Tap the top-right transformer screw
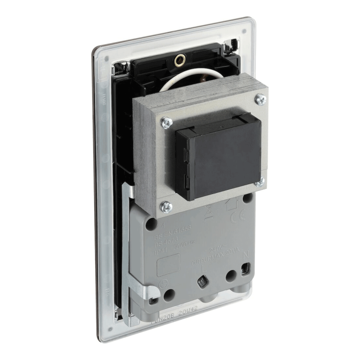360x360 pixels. [x=261, y=99]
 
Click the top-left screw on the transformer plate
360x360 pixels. [x=165, y=123]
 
